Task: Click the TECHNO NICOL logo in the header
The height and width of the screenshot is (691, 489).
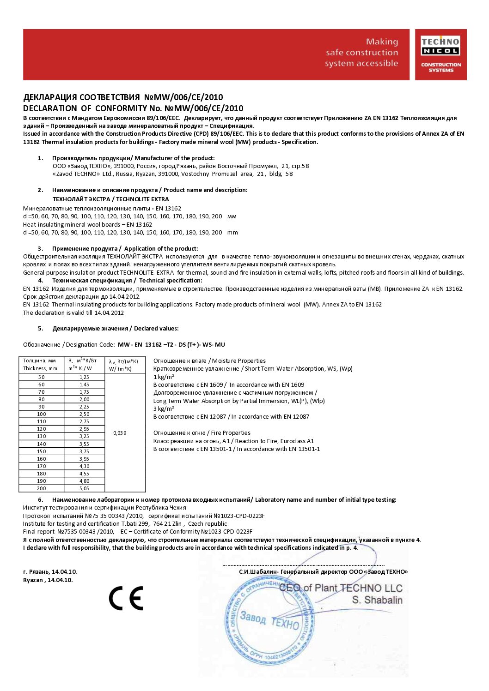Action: pyautogui.click(x=440, y=54)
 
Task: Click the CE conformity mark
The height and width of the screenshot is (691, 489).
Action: pyautogui.click(x=126, y=598)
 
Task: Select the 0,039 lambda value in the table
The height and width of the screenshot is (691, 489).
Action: pyautogui.click(x=120, y=433)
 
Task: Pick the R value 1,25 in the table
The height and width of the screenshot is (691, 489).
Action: pyautogui.click(x=84, y=377)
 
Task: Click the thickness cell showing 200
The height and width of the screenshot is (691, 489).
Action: pyautogui.click(x=42, y=488)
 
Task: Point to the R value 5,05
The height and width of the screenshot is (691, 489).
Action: pyautogui.click(x=84, y=488)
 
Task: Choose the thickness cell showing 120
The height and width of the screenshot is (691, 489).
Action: pyautogui.click(x=42, y=429)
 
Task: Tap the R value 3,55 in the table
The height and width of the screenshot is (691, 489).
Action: pyautogui.click(x=84, y=444)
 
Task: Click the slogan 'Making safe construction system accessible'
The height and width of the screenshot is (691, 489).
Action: pyautogui.click(x=361, y=53)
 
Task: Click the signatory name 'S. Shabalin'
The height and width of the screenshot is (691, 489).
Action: pyautogui.click(x=377, y=600)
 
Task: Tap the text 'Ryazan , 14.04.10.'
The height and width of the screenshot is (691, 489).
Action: pyautogui.click(x=48, y=580)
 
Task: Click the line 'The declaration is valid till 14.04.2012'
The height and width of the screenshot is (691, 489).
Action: pyautogui.click(x=73, y=313)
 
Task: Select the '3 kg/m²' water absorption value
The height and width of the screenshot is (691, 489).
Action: pyautogui.click(x=164, y=409)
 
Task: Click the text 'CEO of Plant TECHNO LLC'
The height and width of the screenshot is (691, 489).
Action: pyautogui.click(x=341, y=588)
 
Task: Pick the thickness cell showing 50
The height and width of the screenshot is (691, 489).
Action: pyautogui.click(x=42, y=377)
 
